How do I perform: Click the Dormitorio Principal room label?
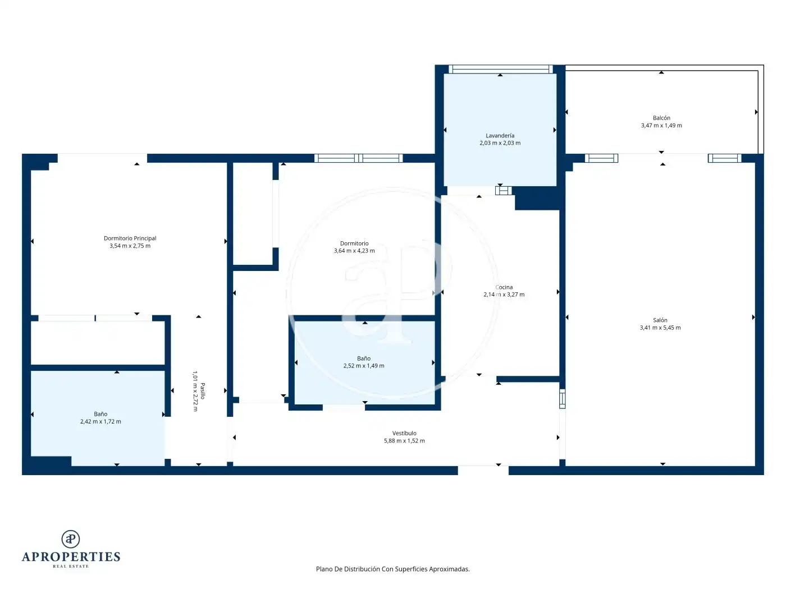pyautogui.click(x=130, y=238)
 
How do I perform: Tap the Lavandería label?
pyautogui.click(x=500, y=136)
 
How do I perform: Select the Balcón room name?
pyautogui.click(x=661, y=118)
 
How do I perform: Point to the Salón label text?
pyautogui.click(x=660, y=320)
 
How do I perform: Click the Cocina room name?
pyautogui.click(x=504, y=287)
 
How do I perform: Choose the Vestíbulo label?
pyautogui.click(x=404, y=433)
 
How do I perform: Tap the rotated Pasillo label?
pyautogui.click(x=203, y=391)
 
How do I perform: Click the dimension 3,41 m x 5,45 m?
pyautogui.click(x=660, y=328)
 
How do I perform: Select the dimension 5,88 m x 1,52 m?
pyautogui.click(x=404, y=440)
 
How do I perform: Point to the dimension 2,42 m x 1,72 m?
pyautogui.click(x=100, y=421)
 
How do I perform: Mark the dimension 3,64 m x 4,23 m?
pyautogui.click(x=354, y=251)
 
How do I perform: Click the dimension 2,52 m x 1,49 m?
pyautogui.click(x=364, y=366)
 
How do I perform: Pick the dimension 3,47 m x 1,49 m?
pyautogui.click(x=661, y=125)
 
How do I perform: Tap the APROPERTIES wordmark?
pyautogui.click(x=71, y=556)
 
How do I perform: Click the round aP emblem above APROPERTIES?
pyautogui.click(x=71, y=539)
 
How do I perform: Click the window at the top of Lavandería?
pyautogui.click(x=501, y=69)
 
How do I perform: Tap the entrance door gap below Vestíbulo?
pyautogui.click(x=483, y=470)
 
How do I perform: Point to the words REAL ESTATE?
pyautogui.click(x=71, y=566)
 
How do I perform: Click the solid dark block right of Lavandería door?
pyautogui.click(x=537, y=199)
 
